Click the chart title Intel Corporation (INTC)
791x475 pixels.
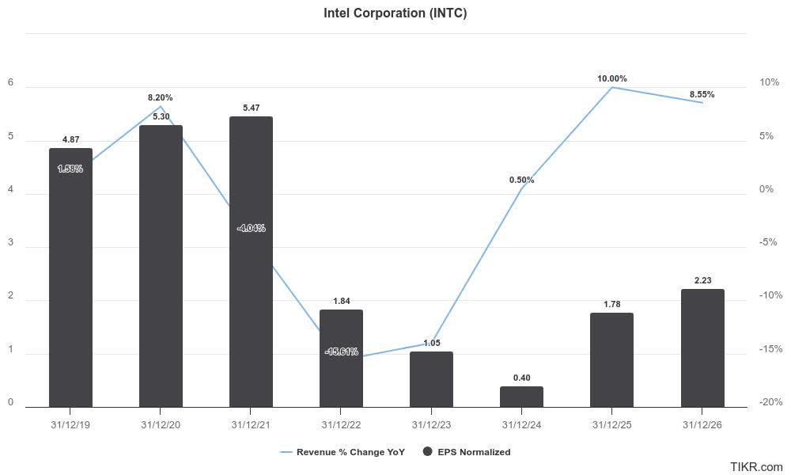[x=395, y=13]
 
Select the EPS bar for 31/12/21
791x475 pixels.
[x=251, y=261]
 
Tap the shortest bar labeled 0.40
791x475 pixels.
[x=521, y=397]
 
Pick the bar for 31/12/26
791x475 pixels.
[x=702, y=348]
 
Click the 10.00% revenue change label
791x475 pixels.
[x=611, y=78]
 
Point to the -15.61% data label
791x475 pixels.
[x=341, y=351]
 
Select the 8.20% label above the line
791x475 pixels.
[x=160, y=97]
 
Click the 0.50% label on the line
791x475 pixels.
[x=521, y=180]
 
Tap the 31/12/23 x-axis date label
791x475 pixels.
[x=431, y=424]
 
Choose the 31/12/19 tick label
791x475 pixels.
[x=70, y=424]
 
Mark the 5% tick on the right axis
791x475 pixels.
[x=766, y=136]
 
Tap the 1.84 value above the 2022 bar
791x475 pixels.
[x=341, y=301]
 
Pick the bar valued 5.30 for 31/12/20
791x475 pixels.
[x=161, y=266]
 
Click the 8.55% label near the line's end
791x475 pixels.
[x=702, y=94]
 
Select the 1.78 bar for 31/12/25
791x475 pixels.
[x=612, y=360]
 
